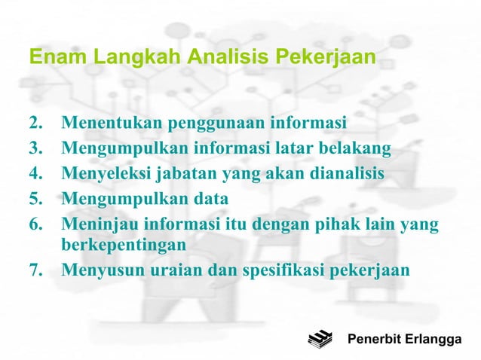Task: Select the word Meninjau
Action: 95,224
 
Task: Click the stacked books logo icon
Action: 320,340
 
